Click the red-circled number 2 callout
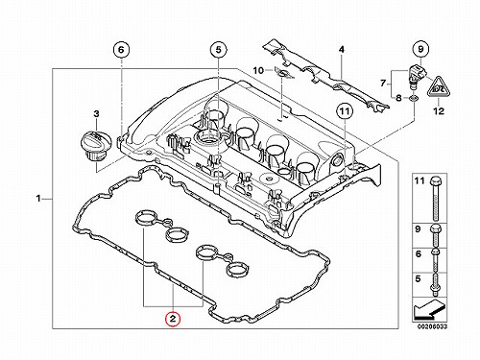pyautogui.click(x=173, y=319)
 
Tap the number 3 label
pyautogui.click(x=96, y=113)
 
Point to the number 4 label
pyautogui.click(x=342, y=50)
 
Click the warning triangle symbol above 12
pyautogui.click(x=439, y=86)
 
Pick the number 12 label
pyautogui.click(x=439, y=110)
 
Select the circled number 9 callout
pyautogui.click(x=420, y=49)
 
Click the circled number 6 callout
pyautogui.click(x=121, y=50)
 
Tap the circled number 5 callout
pyautogui.click(x=218, y=50)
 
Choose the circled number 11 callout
pyautogui.click(x=345, y=111)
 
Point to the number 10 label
pyautogui.click(x=258, y=70)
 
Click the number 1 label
pyautogui.click(x=38, y=199)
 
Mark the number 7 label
pyautogui.click(x=383, y=84)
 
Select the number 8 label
pyautogui.click(x=398, y=98)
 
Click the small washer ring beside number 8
pyautogui.click(x=414, y=98)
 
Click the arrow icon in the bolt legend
pyautogui.click(x=428, y=310)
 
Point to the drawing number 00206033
pyautogui.click(x=432, y=326)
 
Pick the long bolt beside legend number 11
pyautogui.click(x=436, y=199)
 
